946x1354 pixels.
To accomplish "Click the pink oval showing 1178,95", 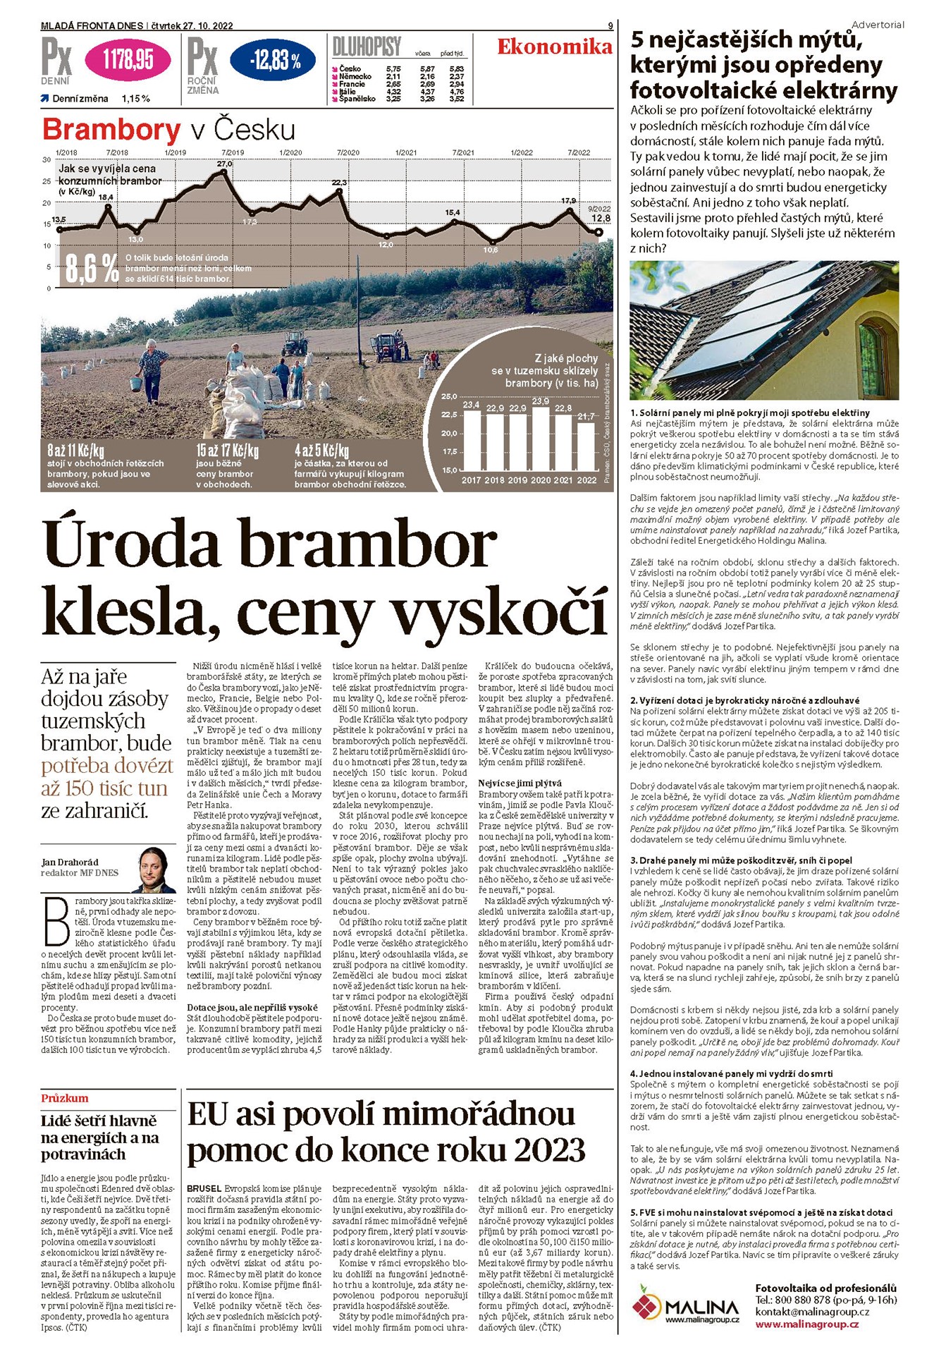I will pyautogui.click(x=128, y=61).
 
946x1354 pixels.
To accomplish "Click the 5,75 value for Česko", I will pyautogui.click(x=393, y=69).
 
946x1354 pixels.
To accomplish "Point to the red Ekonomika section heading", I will pyautogui.click(x=555, y=47).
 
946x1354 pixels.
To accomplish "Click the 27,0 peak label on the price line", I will pyautogui.click(x=224, y=164).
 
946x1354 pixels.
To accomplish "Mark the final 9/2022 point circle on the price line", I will pyautogui.click(x=599, y=232).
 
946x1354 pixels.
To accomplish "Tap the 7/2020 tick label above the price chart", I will pyautogui.click(x=348, y=152).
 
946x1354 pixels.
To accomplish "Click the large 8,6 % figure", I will pyautogui.click(x=92, y=269).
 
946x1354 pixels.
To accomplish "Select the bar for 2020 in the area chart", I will pyautogui.click(x=541, y=437).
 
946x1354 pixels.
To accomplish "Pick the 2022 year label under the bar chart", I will pyautogui.click(x=586, y=480).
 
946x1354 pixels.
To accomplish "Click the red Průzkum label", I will pyautogui.click(x=65, y=1098).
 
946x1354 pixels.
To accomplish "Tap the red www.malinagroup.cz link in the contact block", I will pyautogui.click(x=806, y=1324).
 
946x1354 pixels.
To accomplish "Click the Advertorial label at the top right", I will pyautogui.click(x=878, y=25).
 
